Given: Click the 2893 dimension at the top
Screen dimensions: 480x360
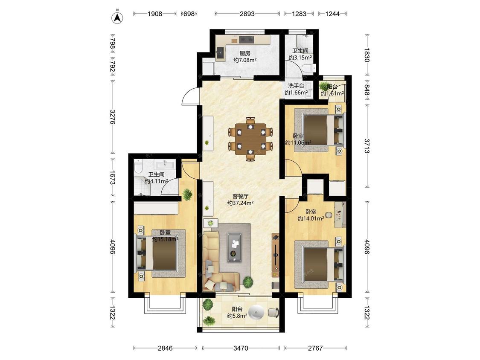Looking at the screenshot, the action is (247, 14).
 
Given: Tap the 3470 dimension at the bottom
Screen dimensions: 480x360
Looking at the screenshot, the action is (241, 348).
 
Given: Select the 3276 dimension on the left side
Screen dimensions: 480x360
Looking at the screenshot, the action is (112, 117).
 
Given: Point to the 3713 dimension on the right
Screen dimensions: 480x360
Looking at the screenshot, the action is (367, 146).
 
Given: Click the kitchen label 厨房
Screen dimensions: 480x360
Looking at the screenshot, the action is (245, 53).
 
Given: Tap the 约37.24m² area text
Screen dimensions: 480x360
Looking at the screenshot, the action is (240, 203).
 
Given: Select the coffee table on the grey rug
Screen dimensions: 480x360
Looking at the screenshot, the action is (235, 247).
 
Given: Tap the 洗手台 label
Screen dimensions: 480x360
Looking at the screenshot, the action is (296, 86).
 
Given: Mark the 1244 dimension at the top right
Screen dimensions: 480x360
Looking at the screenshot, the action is (332, 14).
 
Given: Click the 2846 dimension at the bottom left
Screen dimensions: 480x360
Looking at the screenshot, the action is (165, 348).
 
